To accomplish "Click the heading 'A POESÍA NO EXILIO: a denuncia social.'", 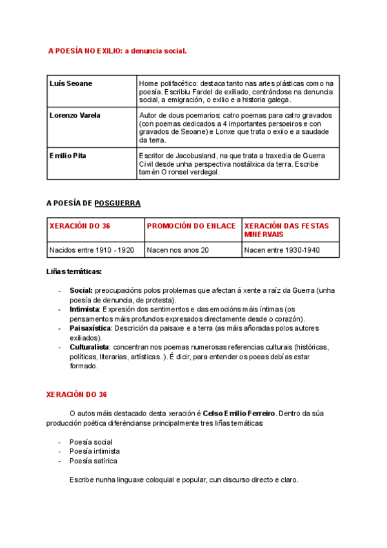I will (x=117, y=50).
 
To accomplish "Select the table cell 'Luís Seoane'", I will (x=71, y=83).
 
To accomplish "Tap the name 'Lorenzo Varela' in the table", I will (x=75, y=115).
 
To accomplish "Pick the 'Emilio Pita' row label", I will (x=68, y=156).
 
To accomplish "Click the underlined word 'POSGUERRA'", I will (x=117, y=203).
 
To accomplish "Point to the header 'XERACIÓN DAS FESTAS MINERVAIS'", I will (x=286, y=229).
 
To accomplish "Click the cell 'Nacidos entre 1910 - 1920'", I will (x=92, y=250).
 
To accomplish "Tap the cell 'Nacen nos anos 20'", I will (x=178, y=250).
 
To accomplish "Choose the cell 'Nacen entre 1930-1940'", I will (x=282, y=250).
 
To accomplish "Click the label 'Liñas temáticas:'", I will (x=74, y=271).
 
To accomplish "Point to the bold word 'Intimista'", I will (x=84, y=310).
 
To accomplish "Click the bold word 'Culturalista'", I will (x=89, y=347).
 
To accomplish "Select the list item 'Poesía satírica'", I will (x=94, y=461).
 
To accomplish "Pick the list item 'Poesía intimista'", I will (x=95, y=451).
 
